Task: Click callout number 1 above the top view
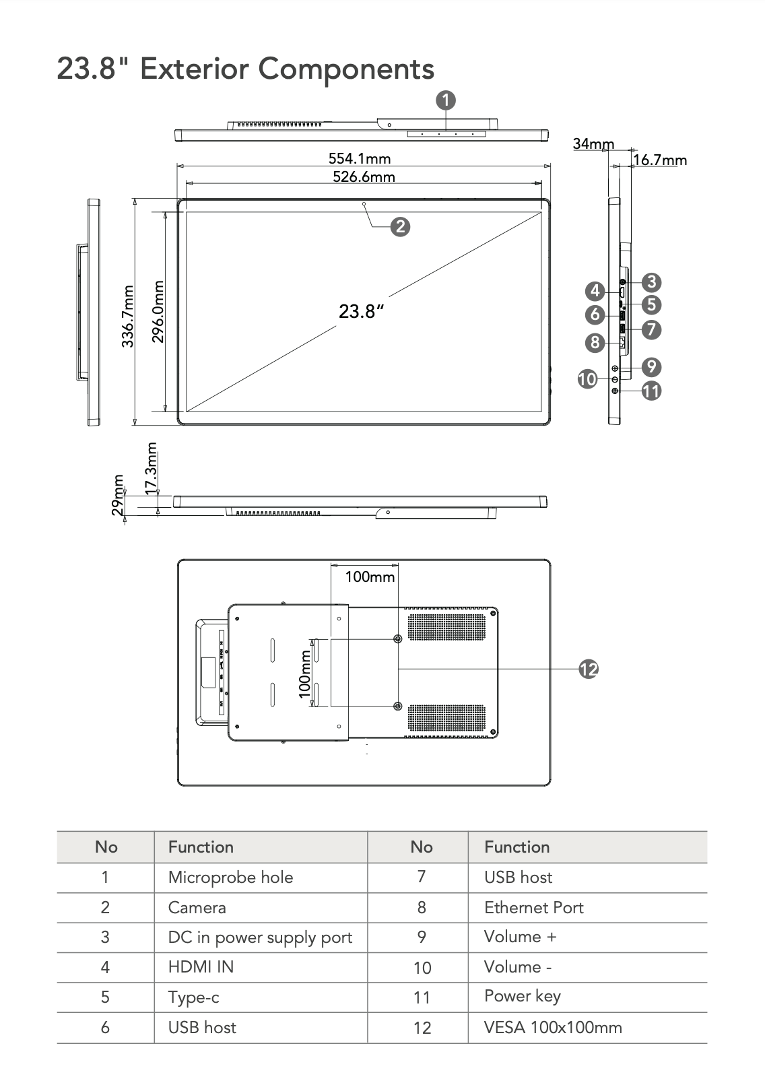(x=446, y=100)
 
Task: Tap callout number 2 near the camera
(x=400, y=226)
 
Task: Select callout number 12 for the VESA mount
(x=589, y=669)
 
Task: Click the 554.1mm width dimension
(x=360, y=158)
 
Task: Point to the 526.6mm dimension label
(x=364, y=176)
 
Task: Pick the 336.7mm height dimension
(x=127, y=317)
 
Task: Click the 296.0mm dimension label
(x=158, y=311)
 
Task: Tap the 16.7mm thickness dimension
(x=660, y=160)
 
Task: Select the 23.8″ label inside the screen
(x=361, y=311)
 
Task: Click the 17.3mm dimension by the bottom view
(x=152, y=467)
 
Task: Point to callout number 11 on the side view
(x=651, y=391)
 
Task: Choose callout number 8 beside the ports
(x=594, y=342)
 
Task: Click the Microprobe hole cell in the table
(x=230, y=877)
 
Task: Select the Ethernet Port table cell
(x=533, y=907)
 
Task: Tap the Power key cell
(x=522, y=996)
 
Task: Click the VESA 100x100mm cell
(x=553, y=1027)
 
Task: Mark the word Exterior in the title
(x=194, y=69)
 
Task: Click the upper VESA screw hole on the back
(x=397, y=638)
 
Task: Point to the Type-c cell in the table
(x=193, y=997)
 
